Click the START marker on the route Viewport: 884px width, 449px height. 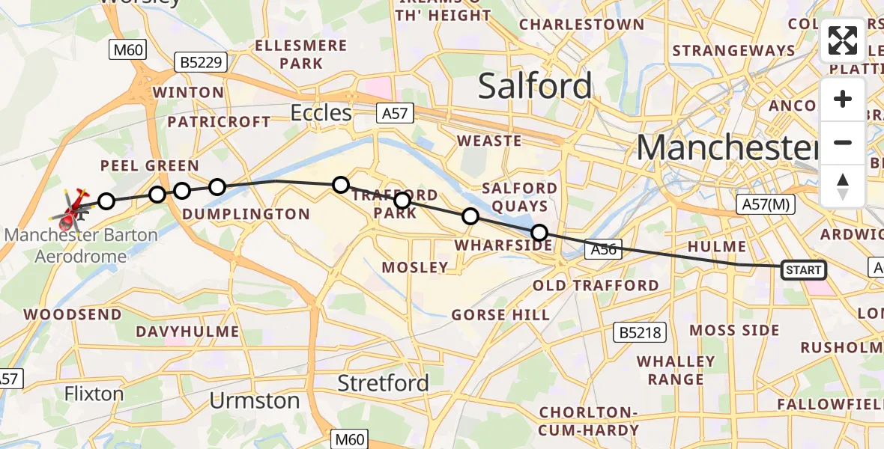803,269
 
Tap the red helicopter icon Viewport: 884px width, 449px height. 71,210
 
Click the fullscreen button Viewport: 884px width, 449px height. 843,41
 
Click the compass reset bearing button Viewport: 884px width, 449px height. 843,185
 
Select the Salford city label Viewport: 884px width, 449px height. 535,86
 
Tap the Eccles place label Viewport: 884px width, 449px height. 321,113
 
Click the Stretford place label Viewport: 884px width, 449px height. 383,383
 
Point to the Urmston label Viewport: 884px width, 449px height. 255,400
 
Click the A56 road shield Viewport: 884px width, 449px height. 603,250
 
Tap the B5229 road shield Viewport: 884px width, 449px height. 200,63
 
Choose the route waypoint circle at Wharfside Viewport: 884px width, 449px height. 470,217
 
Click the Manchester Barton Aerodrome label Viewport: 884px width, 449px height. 81,245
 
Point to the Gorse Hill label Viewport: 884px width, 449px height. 500,315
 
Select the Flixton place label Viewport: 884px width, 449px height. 94,394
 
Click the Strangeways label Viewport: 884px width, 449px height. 733,51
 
